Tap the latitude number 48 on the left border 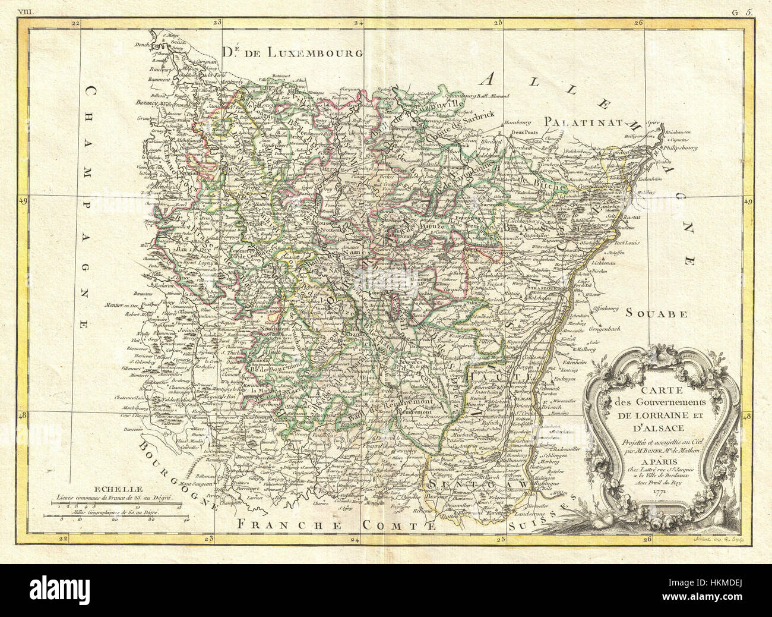[24, 416]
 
